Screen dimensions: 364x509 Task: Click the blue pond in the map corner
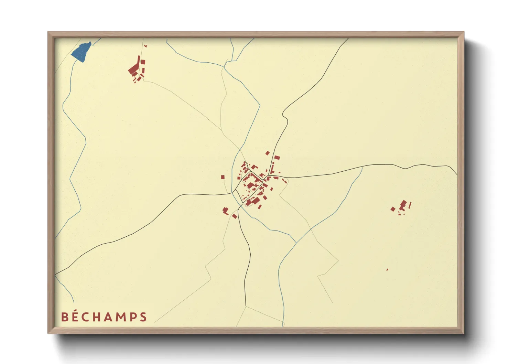[81, 52]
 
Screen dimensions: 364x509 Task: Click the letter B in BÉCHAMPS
[65, 317]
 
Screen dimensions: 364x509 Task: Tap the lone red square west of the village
[223, 177]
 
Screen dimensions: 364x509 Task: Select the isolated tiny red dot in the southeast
[387, 270]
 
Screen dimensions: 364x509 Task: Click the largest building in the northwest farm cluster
[134, 69]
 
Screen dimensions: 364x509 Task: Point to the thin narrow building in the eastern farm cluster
[410, 205]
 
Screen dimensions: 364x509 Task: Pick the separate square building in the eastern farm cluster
[393, 209]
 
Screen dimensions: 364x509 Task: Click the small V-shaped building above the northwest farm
[145, 46]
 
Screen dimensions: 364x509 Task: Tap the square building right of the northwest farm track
[143, 62]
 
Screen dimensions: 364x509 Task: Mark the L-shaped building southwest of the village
[226, 211]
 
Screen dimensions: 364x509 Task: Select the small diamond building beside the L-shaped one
[235, 216]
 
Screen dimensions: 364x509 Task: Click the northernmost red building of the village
[267, 153]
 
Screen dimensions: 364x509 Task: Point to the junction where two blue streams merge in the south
[296, 243]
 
